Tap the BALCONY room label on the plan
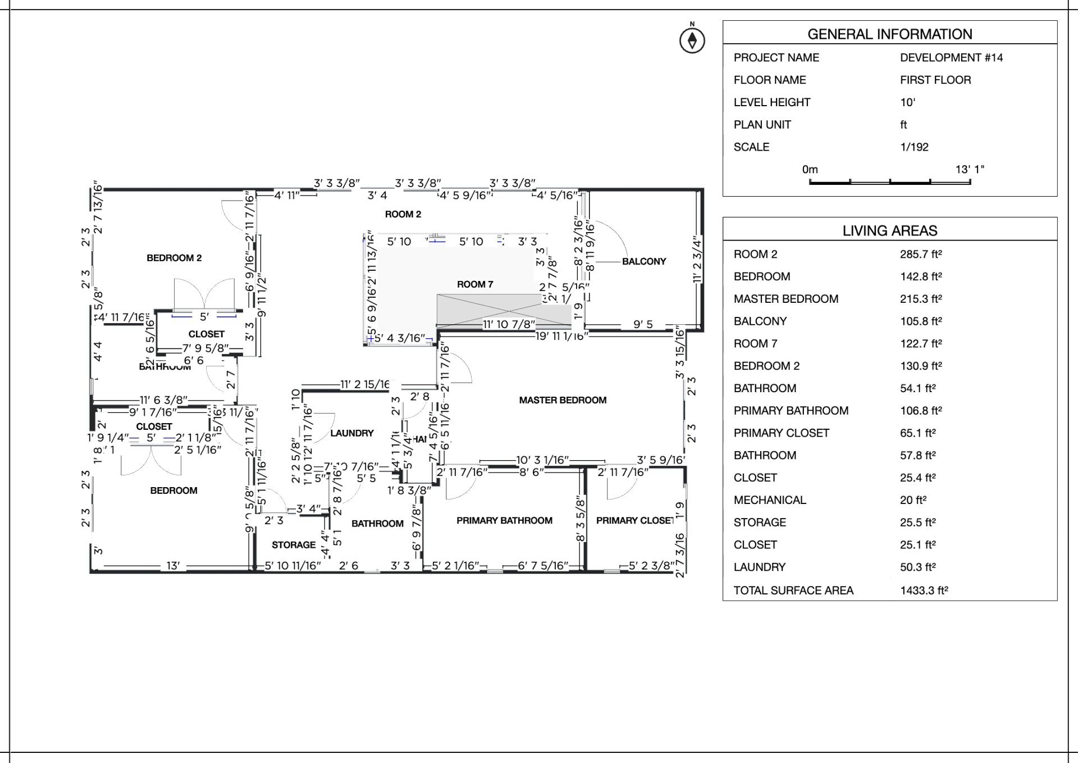(x=643, y=261)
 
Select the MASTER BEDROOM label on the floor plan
(x=563, y=400)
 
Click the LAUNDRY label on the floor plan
(x=351, y=433)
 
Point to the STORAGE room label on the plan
(x=294, y=545)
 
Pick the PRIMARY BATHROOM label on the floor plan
(x=504, y=521)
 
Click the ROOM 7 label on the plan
(x=475, y=284)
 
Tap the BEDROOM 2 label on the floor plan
(x=174, y=258)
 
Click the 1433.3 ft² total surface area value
(x=924, y=591)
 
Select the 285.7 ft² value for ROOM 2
(x=921, y=255)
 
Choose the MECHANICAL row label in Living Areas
(x=769, y=500)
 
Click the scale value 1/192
(x=914, y=147)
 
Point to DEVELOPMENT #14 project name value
(x=951, y=58)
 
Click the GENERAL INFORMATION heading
(x=889, y=34)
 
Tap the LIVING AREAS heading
(x=889, y=231)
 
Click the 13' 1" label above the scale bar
(x=970, y=170)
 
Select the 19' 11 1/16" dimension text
(x=561, y=336)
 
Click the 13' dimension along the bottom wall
(x=173, y=566)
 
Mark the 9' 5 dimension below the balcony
(x=643, y=325)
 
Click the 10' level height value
(x=907, y=102)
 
